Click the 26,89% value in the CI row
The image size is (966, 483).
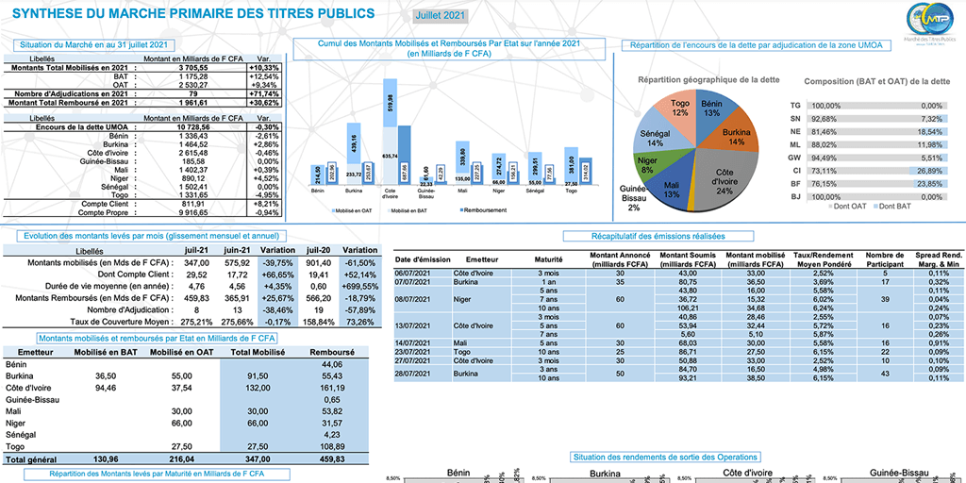click(931, 172)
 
